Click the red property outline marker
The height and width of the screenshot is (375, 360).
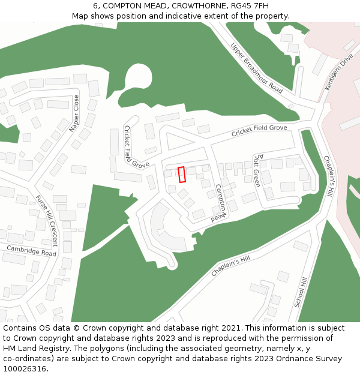182,174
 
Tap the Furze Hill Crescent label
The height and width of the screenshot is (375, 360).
46,221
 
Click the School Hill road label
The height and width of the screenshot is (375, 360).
301,292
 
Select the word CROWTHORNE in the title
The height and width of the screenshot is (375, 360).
190,6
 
